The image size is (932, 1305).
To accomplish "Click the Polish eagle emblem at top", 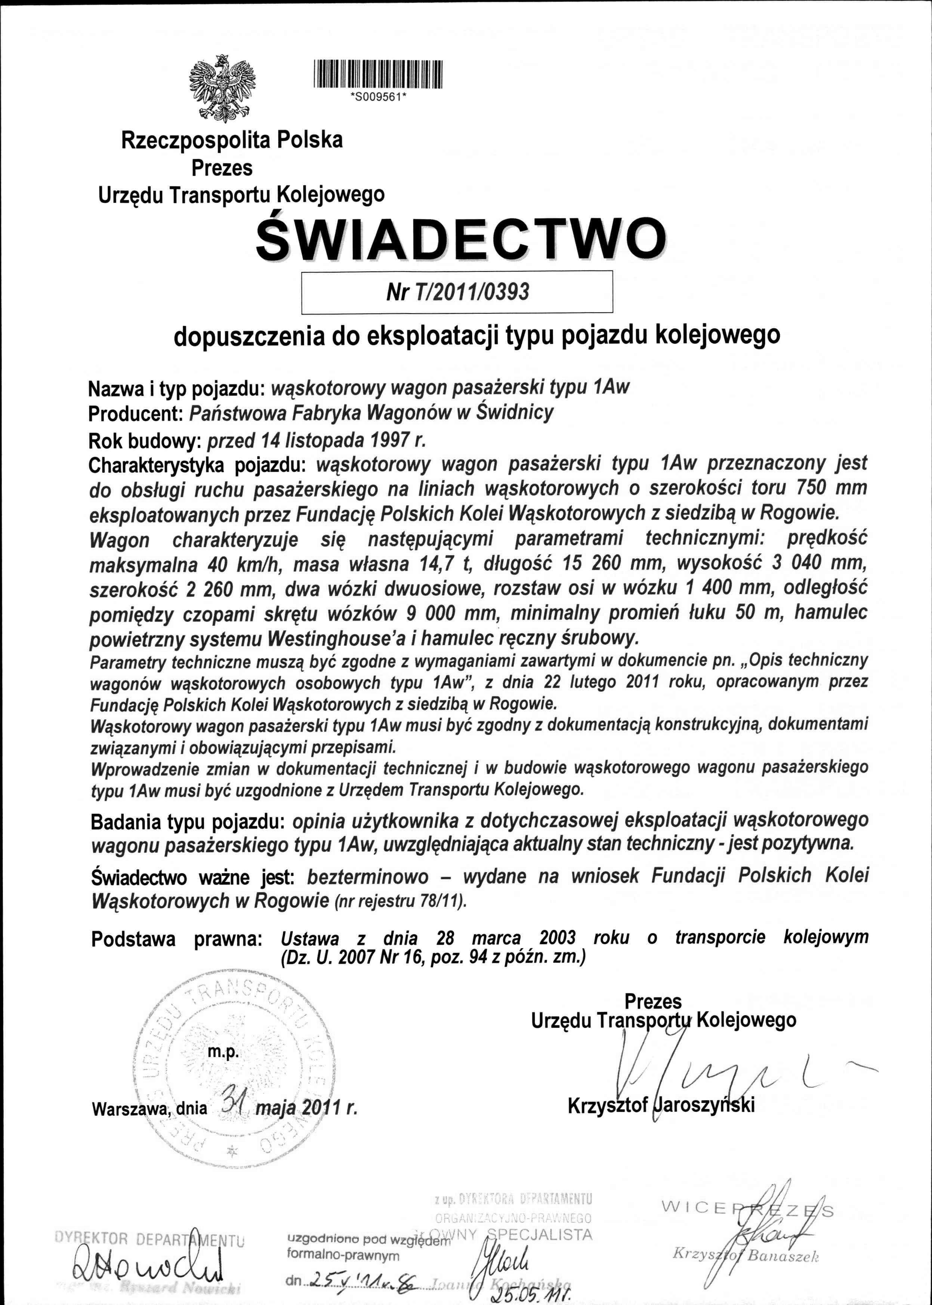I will tap(222, 88).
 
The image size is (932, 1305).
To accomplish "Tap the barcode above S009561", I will tap(378, 75).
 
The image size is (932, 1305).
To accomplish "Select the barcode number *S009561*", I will tap(378, 96).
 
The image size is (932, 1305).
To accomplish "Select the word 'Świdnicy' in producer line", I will tap(515, 412).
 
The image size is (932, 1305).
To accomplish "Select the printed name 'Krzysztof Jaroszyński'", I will tap(661, 1105).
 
